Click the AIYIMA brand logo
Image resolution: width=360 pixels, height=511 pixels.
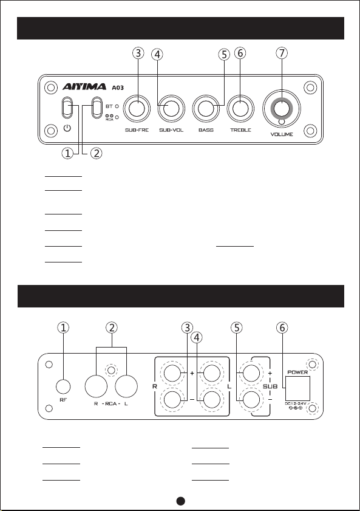click(84, 86)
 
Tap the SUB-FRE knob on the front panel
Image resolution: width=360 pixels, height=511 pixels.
click(137, 109)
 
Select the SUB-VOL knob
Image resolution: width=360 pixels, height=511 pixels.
click(171, 109)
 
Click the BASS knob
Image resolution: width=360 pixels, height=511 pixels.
click(206, 109)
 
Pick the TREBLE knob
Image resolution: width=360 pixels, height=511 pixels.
click(240, 109)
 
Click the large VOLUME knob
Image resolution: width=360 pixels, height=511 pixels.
click(282, 109)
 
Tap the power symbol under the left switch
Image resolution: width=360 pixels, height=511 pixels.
click(67, 128)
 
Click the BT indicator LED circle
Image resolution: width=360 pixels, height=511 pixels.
click(117, 106)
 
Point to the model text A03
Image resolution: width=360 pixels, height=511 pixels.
click(118, 87)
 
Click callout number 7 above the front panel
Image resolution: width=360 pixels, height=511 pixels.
click(282, 53)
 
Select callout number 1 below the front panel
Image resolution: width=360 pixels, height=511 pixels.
click(67, 153)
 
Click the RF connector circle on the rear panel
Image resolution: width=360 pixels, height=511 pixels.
click(63, 387)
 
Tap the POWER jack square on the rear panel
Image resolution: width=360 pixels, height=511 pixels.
click(297, 388)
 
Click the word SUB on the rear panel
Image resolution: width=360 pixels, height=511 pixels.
click(270, 386)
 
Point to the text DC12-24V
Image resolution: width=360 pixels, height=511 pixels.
click(296, 403)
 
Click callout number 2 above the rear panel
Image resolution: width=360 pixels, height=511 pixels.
click(112, 328)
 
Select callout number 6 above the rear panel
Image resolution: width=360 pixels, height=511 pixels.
click(282, 328)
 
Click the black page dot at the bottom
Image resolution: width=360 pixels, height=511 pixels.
click(181, 501)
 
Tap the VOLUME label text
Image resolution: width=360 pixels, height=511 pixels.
click(282, 134)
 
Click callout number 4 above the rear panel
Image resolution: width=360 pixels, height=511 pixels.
click(197, 338)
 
